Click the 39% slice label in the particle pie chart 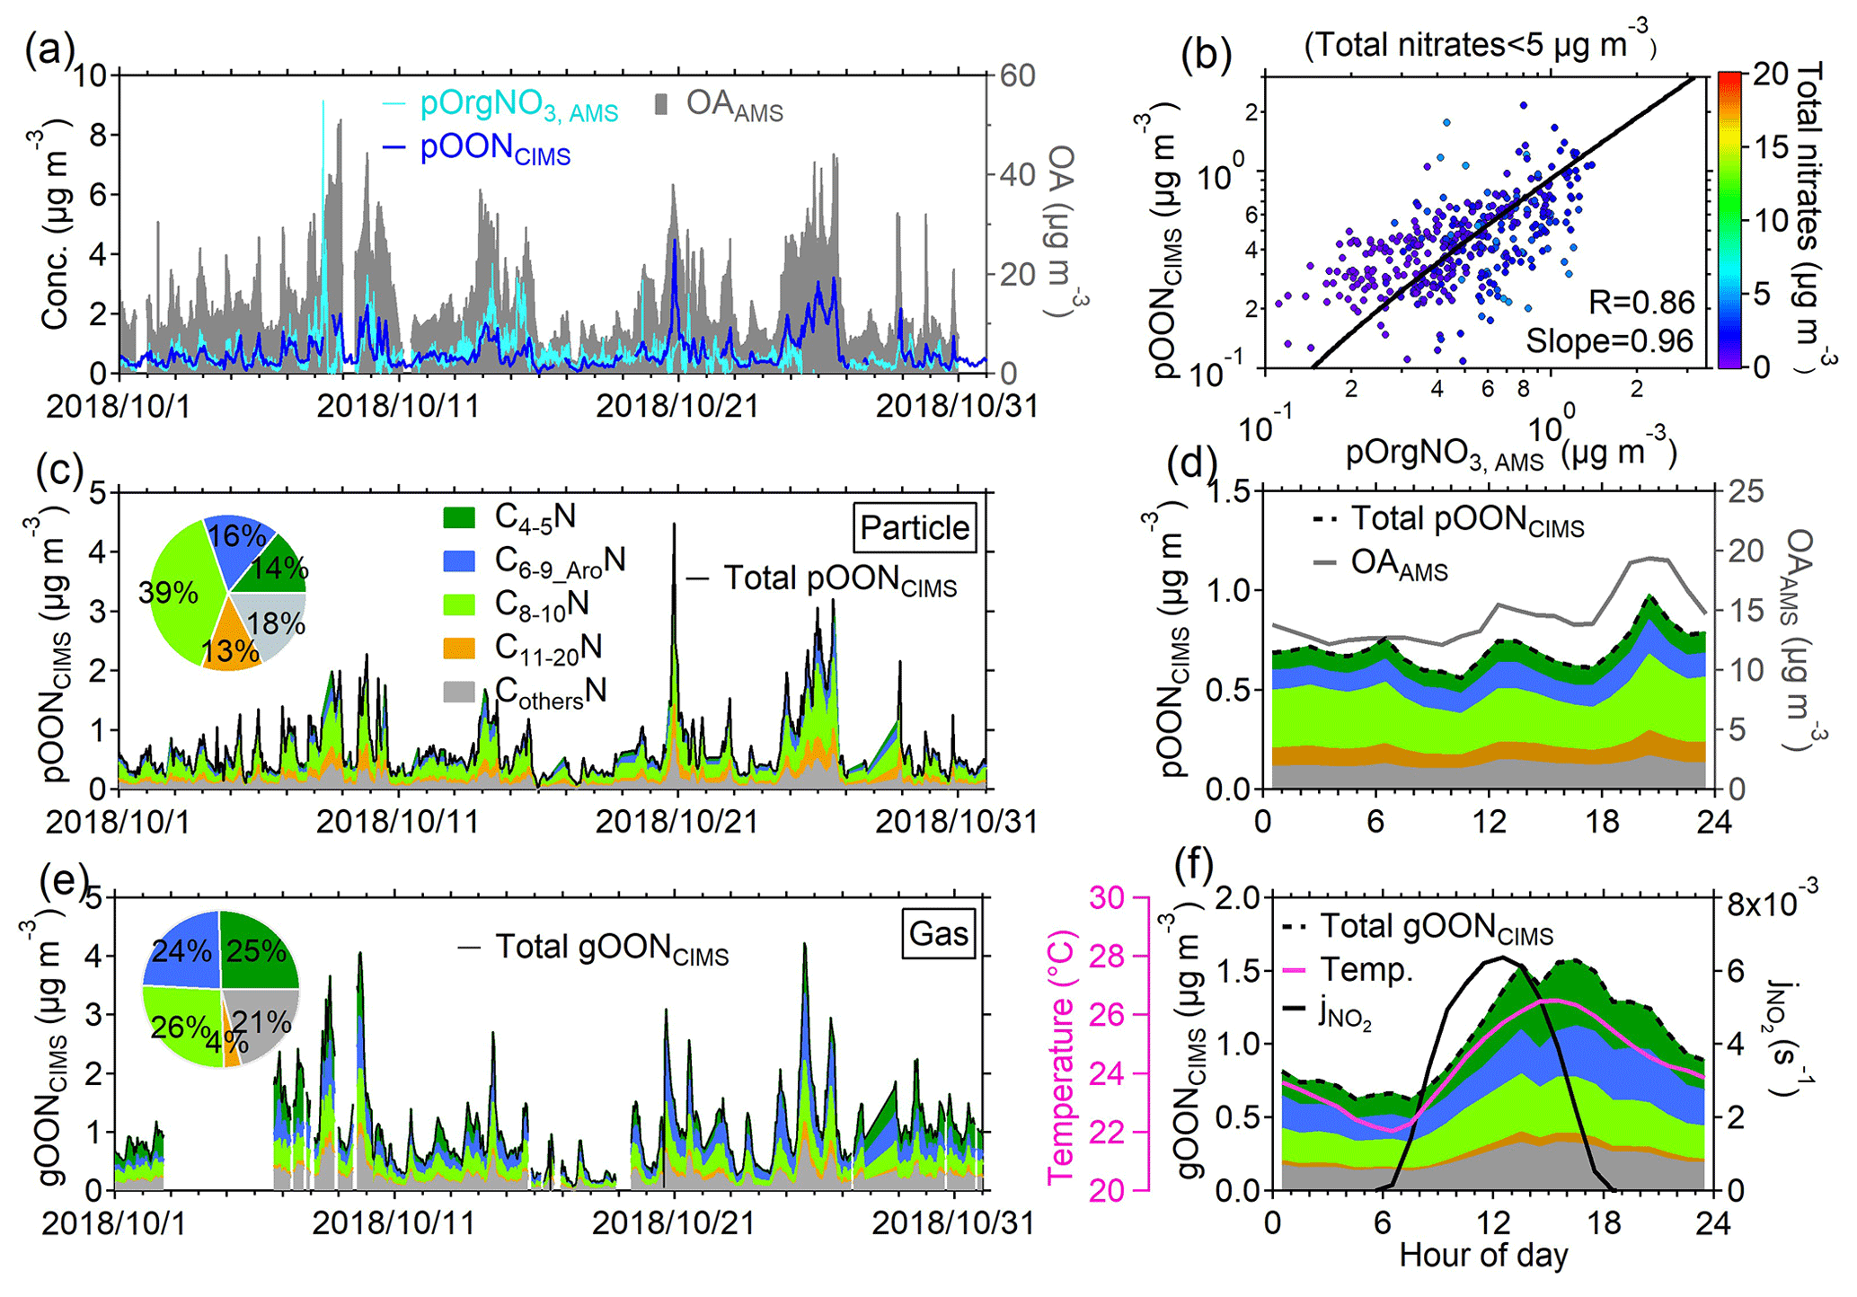[168, 593]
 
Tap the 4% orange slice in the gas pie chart [231, 1047]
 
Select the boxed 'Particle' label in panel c [915, 527]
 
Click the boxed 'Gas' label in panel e [938, 934]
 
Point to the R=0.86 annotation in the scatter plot [1640, 303]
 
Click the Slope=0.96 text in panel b [1609, 341]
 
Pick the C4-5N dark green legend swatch [459, 518]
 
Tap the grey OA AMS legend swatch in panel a [661, 105]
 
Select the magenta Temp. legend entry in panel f [1366, 970]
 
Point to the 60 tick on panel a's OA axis [1017, 76]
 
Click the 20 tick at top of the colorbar [1770, 74]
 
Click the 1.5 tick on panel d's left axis [1225, 492]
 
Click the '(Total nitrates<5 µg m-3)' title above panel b [1480, 42]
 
